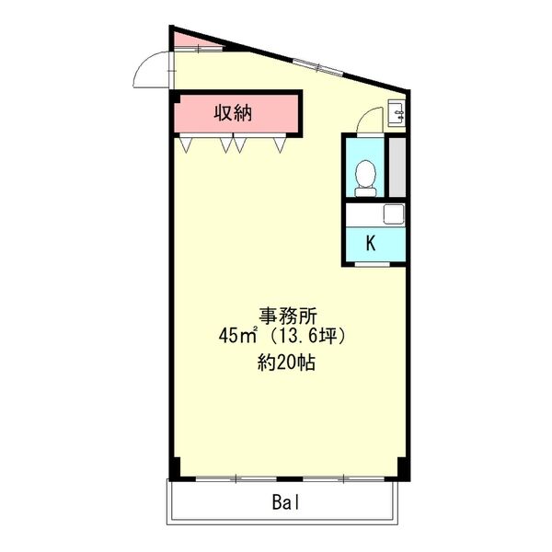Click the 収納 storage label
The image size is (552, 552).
coord(235,114)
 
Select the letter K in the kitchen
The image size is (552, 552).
coord(371,244)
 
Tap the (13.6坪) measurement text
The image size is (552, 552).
coord(307,337)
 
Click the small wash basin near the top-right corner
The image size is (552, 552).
coord(397,113)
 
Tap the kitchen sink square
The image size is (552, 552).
coord(392,215)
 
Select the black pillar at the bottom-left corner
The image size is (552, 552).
coord(175,468)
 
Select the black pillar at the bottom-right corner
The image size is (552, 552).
coord(398,468)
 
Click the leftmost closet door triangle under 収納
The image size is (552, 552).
coord(187,144)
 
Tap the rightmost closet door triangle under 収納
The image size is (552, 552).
coord(281,144)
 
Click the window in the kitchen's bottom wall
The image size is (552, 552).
coord(371,265)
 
